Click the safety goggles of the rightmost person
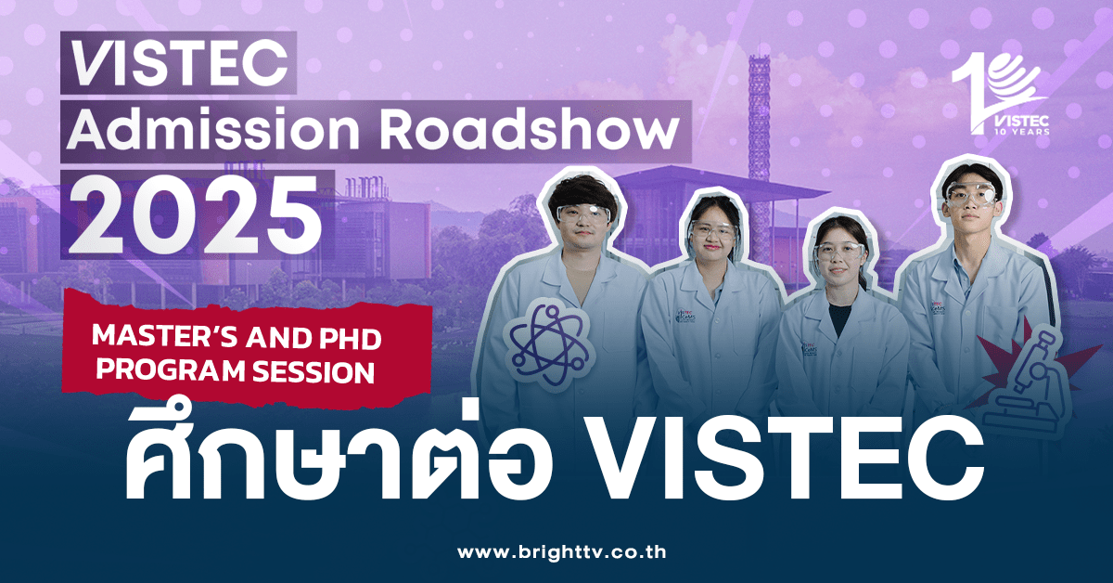click(968, 195)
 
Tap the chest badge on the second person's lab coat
click(686, 319)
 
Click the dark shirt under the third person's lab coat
click(839, 320)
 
